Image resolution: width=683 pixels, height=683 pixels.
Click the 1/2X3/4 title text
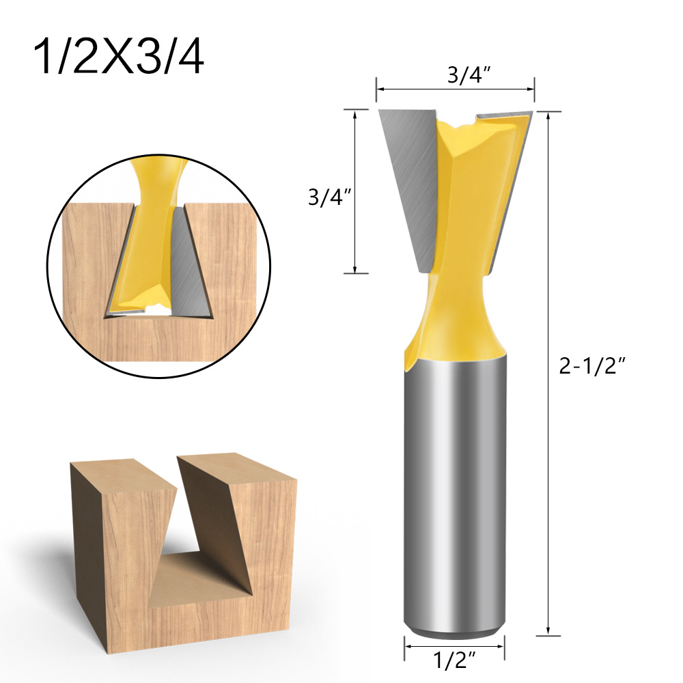(118, 57)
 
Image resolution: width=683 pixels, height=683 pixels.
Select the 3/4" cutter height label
(329, 197)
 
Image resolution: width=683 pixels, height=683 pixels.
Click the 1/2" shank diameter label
(455, 660)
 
